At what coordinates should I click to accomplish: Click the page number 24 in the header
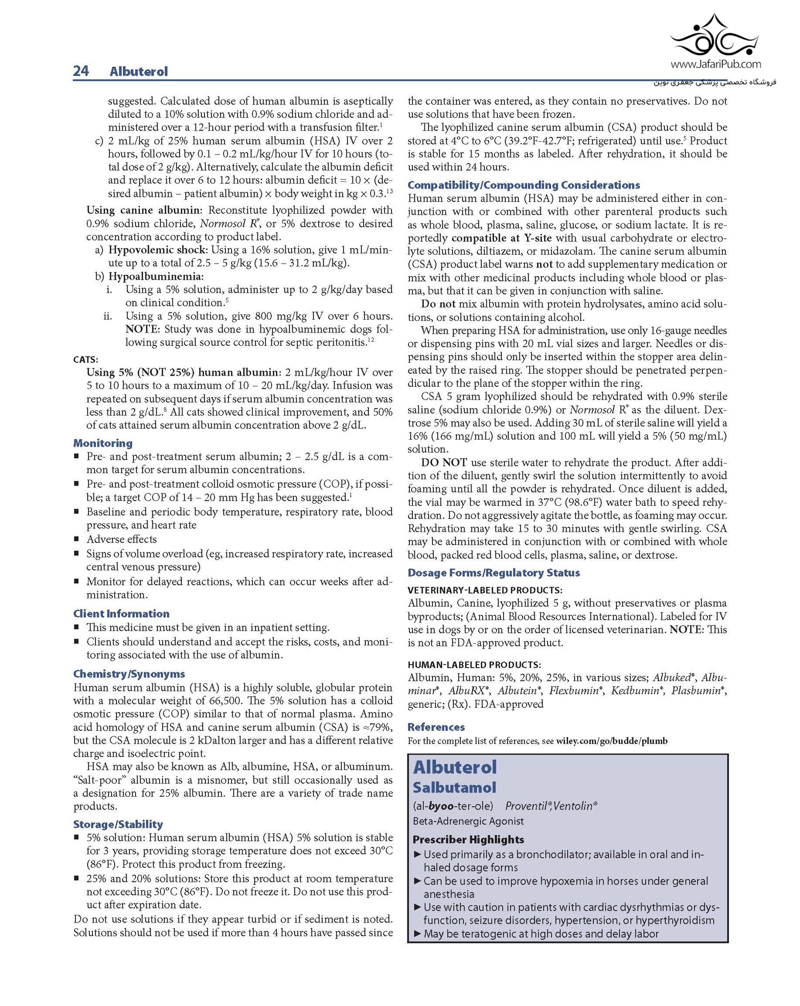pos(81,71)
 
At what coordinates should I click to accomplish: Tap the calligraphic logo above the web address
pos(714,35)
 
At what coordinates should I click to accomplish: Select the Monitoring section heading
pos(103,443)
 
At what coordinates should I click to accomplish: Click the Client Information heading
pos(121,613)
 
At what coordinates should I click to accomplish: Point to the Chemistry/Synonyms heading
pos(129,674)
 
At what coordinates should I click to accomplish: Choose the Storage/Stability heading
pos(118,824)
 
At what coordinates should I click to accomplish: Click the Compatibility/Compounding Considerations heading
pos(524,185)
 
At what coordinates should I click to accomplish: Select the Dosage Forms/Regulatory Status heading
pos(493,573)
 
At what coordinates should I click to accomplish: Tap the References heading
pos(436,727)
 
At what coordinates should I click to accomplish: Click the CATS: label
pos(86,360)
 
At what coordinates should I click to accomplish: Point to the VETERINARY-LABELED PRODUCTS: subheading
pos(484,590)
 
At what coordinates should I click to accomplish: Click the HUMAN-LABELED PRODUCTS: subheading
pos(474,665)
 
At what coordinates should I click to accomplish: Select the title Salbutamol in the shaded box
pos(454,788)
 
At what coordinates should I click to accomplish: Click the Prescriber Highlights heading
pos(468,839)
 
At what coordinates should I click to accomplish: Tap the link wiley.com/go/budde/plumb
pos(612,741)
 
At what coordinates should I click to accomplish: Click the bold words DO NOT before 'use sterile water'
pos(444,462)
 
